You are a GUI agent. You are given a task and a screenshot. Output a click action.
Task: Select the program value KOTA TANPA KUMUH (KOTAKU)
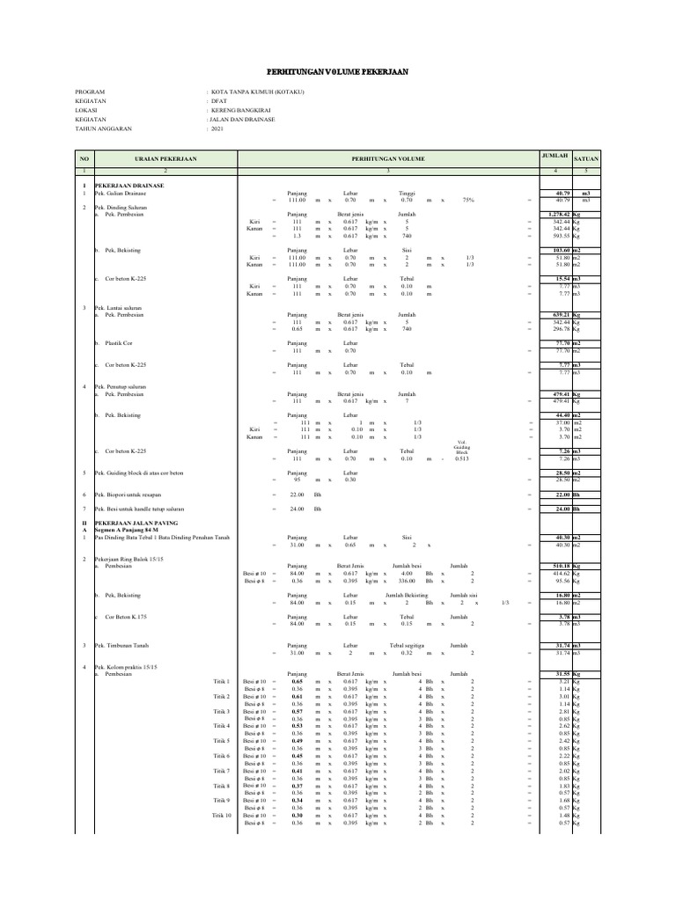(x=249, y=92)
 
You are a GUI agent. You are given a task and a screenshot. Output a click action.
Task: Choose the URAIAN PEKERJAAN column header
(x=165, y=158)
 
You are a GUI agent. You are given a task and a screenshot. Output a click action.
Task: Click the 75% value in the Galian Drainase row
(x=467, y=200)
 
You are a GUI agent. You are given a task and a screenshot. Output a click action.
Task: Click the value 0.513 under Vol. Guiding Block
(x=461, y=458)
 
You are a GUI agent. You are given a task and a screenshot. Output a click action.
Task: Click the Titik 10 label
(x=222, y=816)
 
